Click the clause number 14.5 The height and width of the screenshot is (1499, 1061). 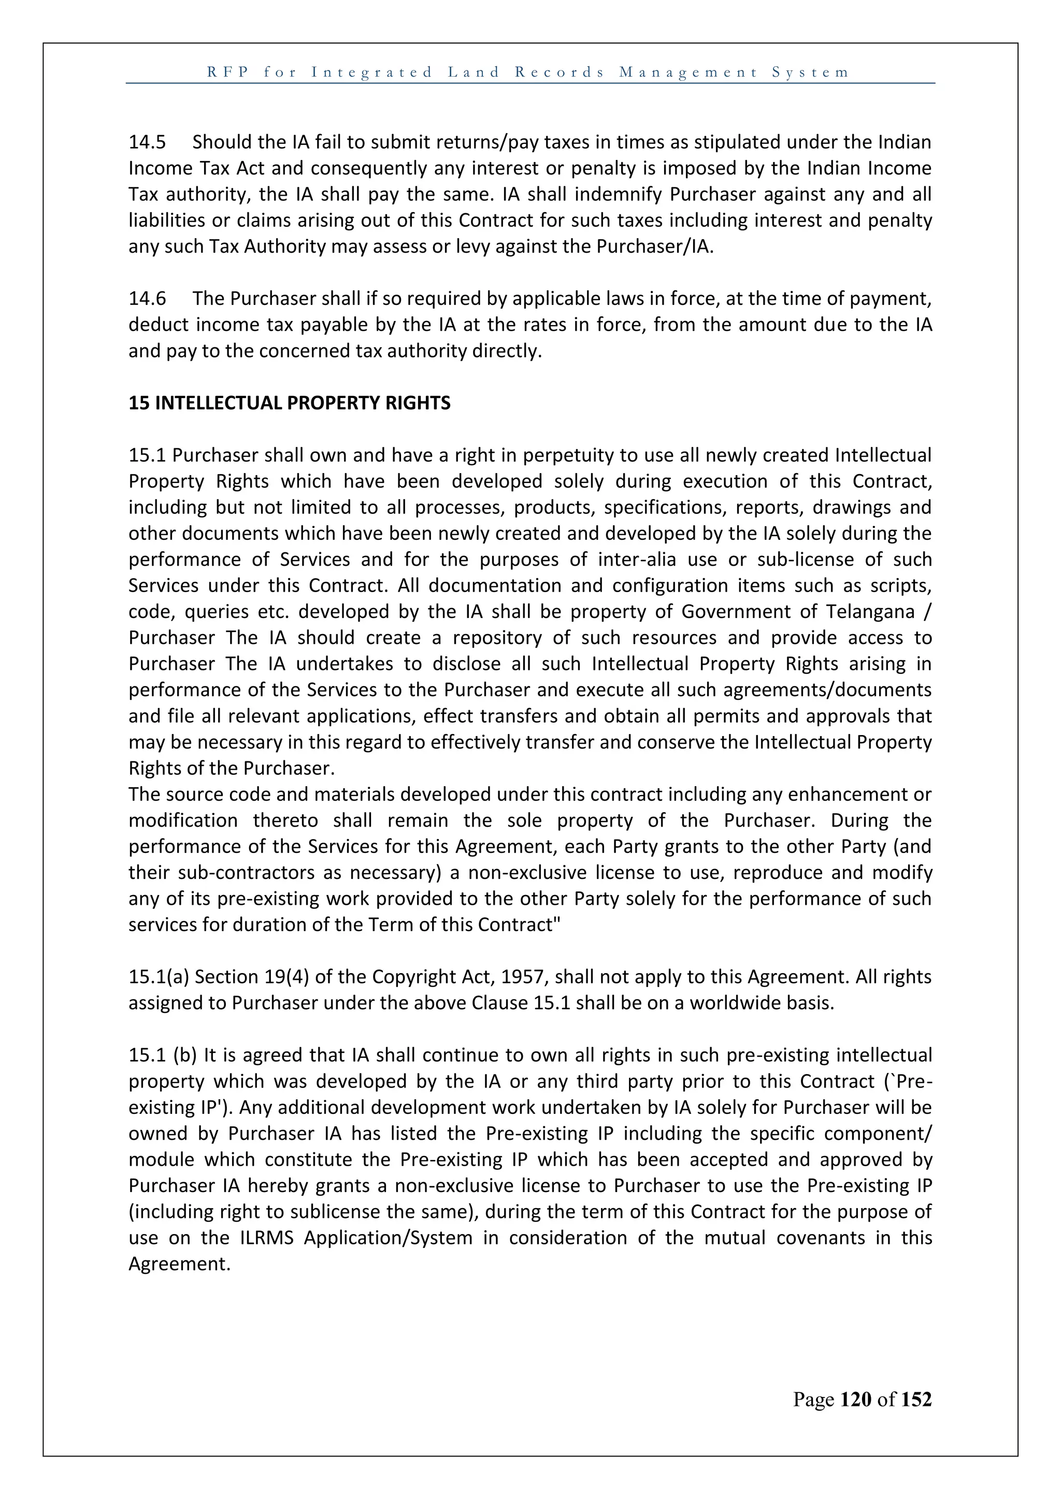[x=147, y=142]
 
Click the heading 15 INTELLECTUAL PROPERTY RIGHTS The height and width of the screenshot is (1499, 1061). [x=290, y=403]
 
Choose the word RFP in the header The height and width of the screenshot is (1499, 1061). [x=228, y=72]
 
